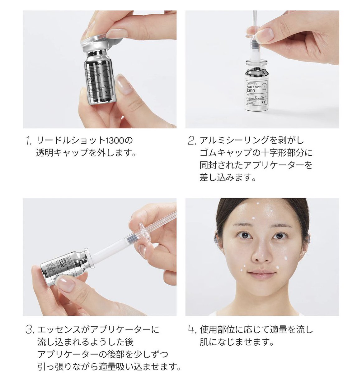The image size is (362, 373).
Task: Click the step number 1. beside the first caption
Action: click(29, 141)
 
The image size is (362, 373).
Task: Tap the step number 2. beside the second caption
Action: click(192, 141)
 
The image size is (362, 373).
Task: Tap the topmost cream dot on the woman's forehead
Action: click(258, 204)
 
